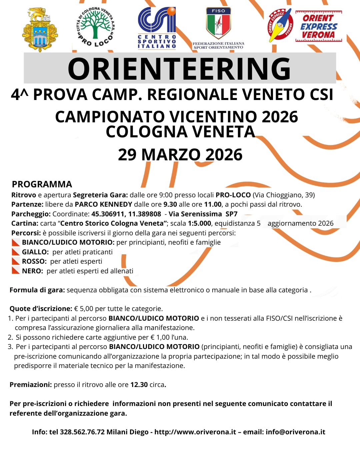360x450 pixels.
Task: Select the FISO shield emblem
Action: [218, 23]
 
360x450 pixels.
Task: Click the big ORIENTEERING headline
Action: [179, 69]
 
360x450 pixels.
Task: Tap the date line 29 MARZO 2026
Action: [180, 155]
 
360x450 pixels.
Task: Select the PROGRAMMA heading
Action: [42, 184]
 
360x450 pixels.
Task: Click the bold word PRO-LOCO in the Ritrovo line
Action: [233, 195]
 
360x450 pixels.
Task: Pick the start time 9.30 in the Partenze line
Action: [170, 204]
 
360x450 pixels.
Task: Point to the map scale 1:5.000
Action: [199, 223]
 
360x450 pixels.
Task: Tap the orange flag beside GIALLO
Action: [16, 252]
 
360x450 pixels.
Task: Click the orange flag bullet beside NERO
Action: [16, 271]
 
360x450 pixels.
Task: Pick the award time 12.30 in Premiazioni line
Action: [139, 385]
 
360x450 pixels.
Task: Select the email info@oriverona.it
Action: [295, 432]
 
